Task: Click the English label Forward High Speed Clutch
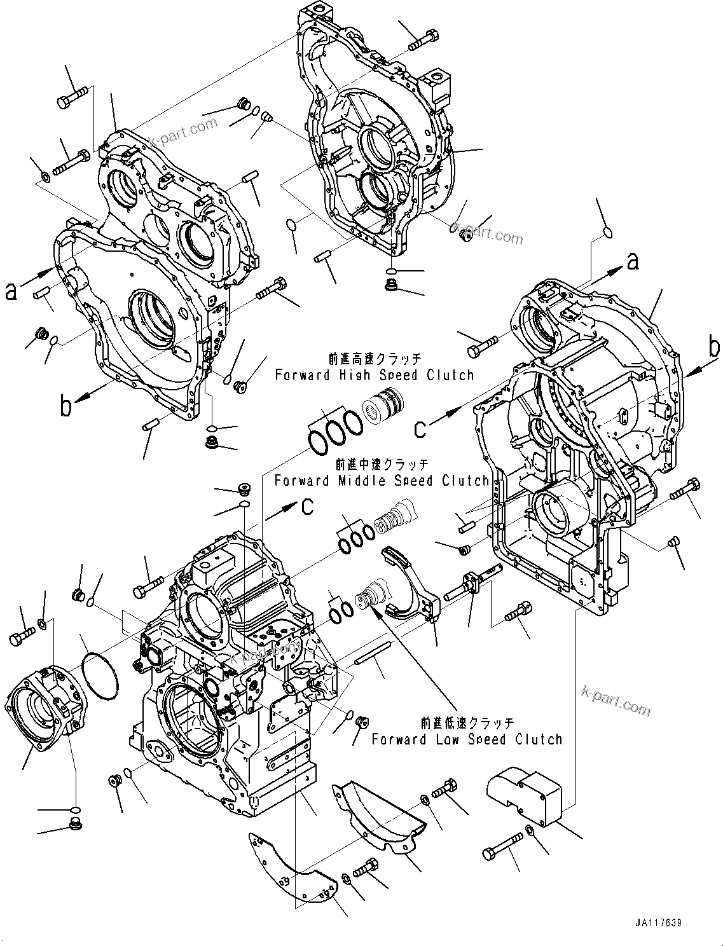pyautogui.click(x=375, y=375)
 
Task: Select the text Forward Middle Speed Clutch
pyautogui.click(x=382, y=481)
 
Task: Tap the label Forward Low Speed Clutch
pyautogui.click(x=467, y=739)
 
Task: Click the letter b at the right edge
pyautogui.click(x=714, y=348)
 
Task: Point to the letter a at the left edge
pyautogui.click(x=11, y=292)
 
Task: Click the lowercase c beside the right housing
pyautogui.click(x=420, y=429)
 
